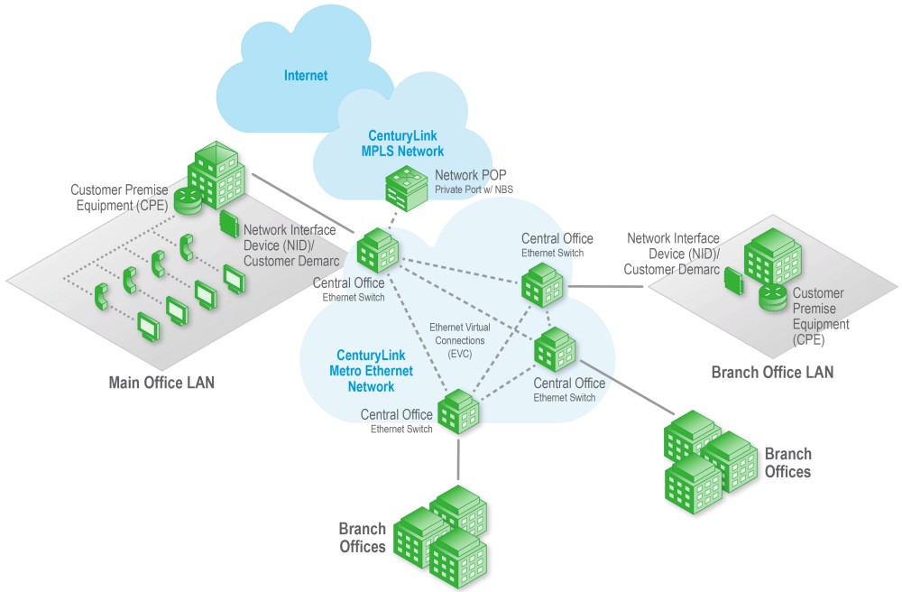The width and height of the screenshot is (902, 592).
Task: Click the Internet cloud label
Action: coord(306,76)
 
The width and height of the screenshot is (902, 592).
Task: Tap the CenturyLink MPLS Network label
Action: coord(402,143)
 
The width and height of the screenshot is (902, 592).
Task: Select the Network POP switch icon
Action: coord(407,188)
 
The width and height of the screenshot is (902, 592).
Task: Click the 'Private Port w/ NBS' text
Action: coord(474,190)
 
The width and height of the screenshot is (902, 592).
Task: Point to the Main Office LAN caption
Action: coord(161,383)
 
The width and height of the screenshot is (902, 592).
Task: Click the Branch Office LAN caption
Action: coord(773,372)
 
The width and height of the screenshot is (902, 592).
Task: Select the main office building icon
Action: coord(216,175)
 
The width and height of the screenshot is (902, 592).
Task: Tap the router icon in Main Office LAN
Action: coord(189,200)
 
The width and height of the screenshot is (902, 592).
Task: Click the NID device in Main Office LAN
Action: coord(229,224)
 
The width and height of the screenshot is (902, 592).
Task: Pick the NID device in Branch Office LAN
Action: coord(732,281)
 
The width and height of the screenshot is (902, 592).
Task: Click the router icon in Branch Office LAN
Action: coord(773,298)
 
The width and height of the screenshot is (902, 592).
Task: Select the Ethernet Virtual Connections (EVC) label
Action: coord(460,340)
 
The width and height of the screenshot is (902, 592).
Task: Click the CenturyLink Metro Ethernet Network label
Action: coord(371,371)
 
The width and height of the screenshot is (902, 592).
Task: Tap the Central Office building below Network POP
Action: coord(378,250)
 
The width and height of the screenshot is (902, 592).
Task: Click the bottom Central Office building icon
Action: coord(458,412)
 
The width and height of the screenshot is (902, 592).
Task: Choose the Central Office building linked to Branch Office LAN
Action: coord(542,285)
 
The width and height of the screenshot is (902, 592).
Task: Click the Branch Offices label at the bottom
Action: coord(363,537)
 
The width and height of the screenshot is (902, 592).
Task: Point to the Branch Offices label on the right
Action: coord(787,463)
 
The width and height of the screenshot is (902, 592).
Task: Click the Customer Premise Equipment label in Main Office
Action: coord(120,198)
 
